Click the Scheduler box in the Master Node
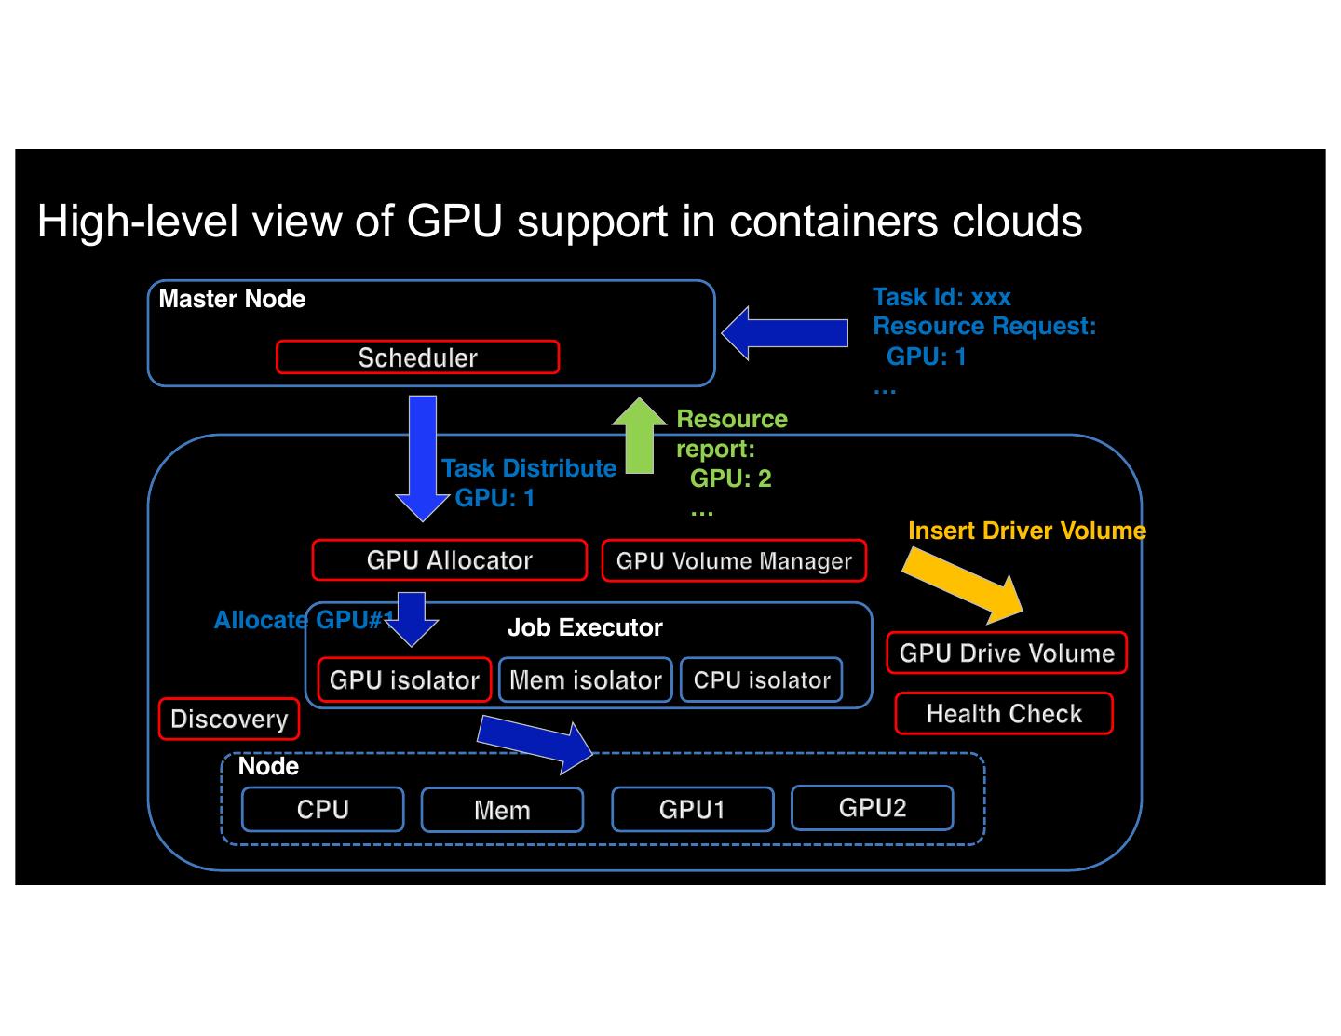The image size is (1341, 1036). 417,357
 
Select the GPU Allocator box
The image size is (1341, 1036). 449,560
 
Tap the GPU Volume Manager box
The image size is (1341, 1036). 734,561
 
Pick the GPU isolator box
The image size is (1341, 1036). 404,680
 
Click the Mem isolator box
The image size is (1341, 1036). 585,680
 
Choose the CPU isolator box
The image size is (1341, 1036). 762,680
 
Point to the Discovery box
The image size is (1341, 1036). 229,720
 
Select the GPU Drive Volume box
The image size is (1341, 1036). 1007,653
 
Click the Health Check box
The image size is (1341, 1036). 1004,714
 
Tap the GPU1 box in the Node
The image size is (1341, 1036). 692,810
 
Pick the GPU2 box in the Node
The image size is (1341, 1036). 872,808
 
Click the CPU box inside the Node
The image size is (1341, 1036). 322,810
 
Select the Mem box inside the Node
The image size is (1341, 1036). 502,811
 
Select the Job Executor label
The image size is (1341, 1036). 585,628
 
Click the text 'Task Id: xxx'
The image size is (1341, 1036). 941,298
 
